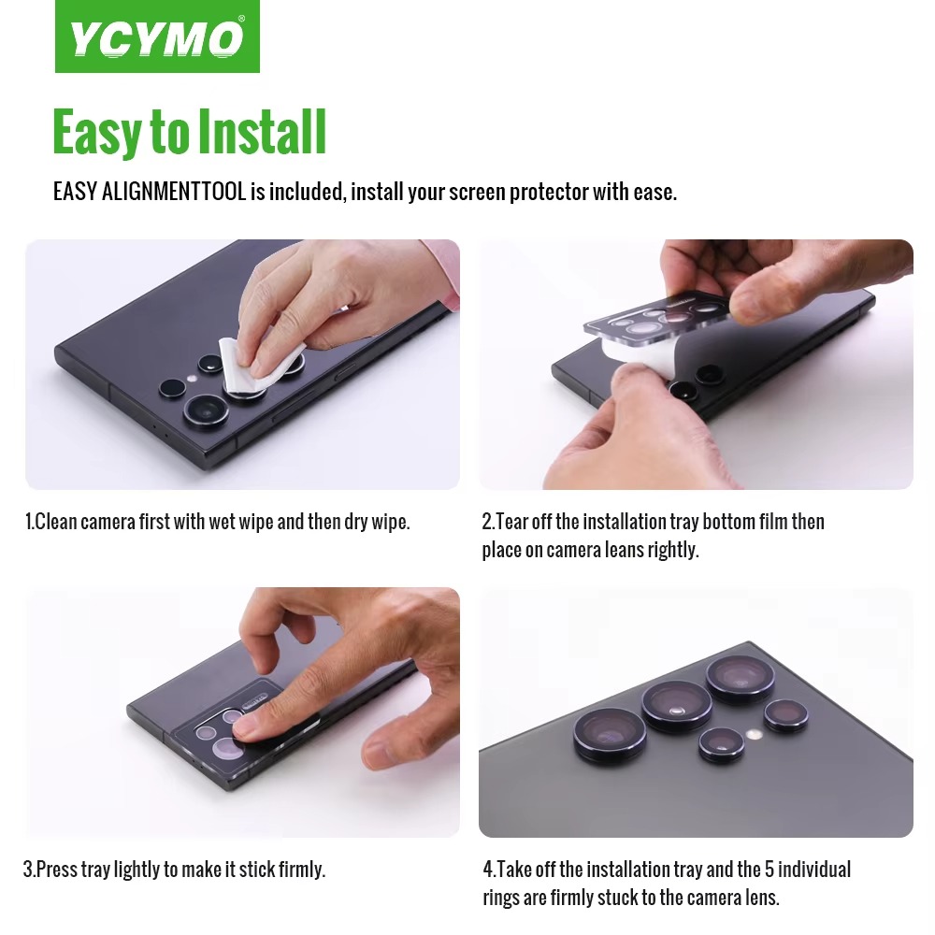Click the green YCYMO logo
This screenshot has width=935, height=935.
click(x=157, y=36)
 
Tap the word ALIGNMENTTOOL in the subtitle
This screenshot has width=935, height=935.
click(x=174, y=192)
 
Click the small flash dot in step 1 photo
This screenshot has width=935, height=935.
click(x=192, y=379)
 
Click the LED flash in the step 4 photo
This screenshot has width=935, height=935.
click(x=755, y=734)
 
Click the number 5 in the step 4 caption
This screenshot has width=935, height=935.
click(x=770, y=870)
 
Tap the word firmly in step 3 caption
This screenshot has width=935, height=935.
click(x=302, y=870)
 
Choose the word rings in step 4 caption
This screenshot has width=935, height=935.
click(x=501, y=898)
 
